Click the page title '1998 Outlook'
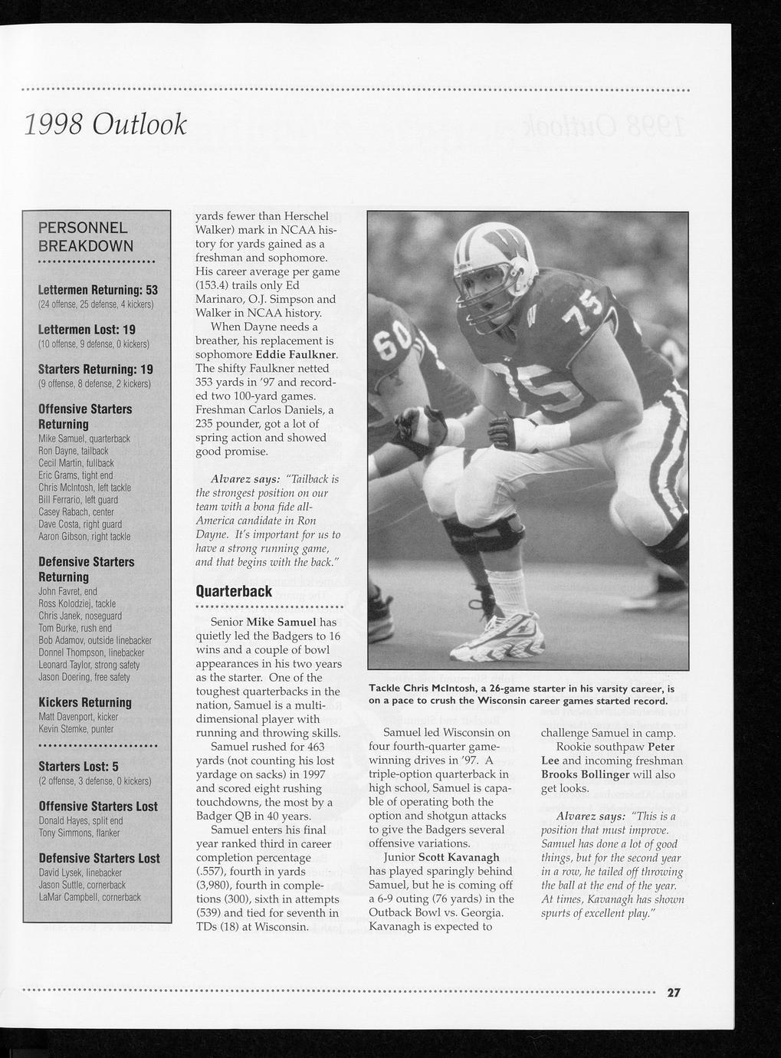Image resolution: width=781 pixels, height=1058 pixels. tap(105, 124)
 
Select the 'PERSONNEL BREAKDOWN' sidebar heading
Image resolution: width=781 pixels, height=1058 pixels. tap(86, 237)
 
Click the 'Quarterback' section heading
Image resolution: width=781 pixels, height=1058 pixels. tap(235, 591)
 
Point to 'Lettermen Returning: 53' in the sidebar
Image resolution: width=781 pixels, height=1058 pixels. tap(98, 291)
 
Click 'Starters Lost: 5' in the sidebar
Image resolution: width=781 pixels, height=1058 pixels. tap(78, 767)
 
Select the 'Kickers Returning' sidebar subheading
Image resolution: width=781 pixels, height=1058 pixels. tap(85, 702)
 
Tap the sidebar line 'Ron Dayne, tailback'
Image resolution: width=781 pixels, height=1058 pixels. tap(74, 451)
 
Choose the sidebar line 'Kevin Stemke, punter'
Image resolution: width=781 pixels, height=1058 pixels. tap(76, 729)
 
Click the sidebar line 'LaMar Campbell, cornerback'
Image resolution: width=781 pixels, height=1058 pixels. tap(90, 897)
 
